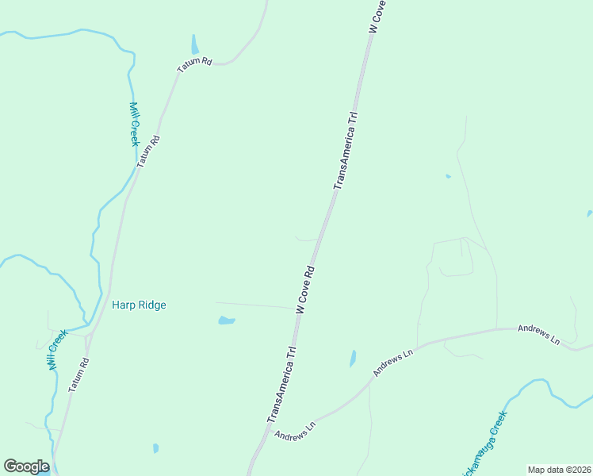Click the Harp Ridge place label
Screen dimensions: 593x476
click(139, 305)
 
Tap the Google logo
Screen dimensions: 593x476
click(26, 466)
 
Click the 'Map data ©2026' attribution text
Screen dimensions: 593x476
click(558, 470)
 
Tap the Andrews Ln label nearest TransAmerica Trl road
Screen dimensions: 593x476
click(295, 430)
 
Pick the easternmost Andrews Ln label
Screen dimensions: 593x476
click(539, 334)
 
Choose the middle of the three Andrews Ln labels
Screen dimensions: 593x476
click(394, 362)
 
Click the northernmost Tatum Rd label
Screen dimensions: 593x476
click(194, 64)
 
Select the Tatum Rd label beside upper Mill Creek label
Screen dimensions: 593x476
click(147, 150)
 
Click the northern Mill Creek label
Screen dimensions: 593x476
click(133, 124)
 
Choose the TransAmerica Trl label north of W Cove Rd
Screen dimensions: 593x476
click(347, 150)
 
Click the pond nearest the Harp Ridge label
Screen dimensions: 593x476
click(227, 321)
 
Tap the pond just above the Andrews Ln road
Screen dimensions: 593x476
click(353, 359)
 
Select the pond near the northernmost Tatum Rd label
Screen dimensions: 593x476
click(195, 44)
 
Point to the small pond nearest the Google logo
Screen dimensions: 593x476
click(156, 448)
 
